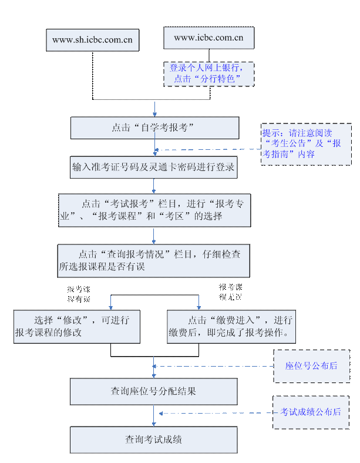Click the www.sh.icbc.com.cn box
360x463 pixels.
pyautogui.click(x=93, y=40)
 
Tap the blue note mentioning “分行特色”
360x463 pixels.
pyautogui.click(x=208, y=73)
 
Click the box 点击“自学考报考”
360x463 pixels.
pyautogui.click(x=154, y=128)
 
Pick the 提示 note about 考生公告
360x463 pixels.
pyautogui.click(x=305, y=144)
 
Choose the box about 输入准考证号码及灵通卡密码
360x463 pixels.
pyautogui.click(x=154, y=167)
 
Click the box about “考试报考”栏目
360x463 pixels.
pyautogui.click(x=154, y=210)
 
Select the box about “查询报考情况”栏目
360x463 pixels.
pyautogui.click(x=153, y=261)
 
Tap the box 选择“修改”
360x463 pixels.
pyautogui.click(x=77, y=327)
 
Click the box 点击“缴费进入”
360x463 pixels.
pyautogui.click(x=231, y=327)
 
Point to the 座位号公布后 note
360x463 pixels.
pyautogui.click(x=311, y=365)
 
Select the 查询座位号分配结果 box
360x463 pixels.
pyautogui.click(x=154, y=391)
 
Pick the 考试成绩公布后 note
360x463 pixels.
pyautogui.click(x=310, y=412)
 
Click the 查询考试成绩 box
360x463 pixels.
pyautogui.click(x=154, y=439)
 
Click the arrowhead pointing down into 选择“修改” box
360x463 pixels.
pyautogui.click(x=110, y=306)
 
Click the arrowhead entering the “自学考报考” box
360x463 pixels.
pyautogui.click(x=154, y=113)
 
